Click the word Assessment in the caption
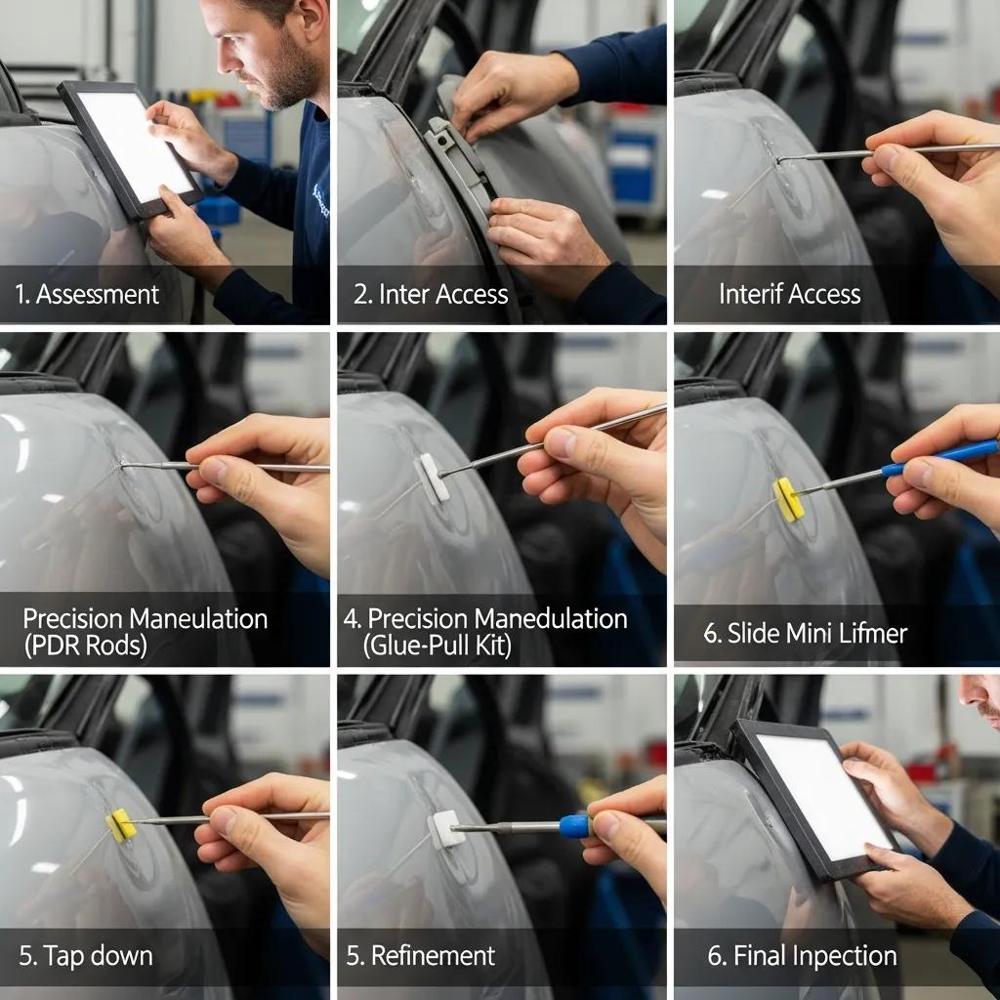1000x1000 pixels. click(x=97, y=294)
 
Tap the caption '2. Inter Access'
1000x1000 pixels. click(x=431, y=294)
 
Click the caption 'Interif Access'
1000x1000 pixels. click(x=789, y=294)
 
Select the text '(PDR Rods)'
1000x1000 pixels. click(x=84, y=646)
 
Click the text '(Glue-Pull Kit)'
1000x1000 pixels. click(x=437, y=646)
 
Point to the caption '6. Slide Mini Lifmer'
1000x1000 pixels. click(x=805, y=633)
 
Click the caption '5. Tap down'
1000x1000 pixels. click(x=86, y=955)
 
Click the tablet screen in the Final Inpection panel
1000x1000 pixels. click(x=825, y=796)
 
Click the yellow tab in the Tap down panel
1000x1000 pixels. click(x=121, y=825)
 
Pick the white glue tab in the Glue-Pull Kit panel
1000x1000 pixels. click(x=431, y=478)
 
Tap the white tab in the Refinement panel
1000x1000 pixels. click(x=445, y=829)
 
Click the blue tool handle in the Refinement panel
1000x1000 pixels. click(x=574, y=826)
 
